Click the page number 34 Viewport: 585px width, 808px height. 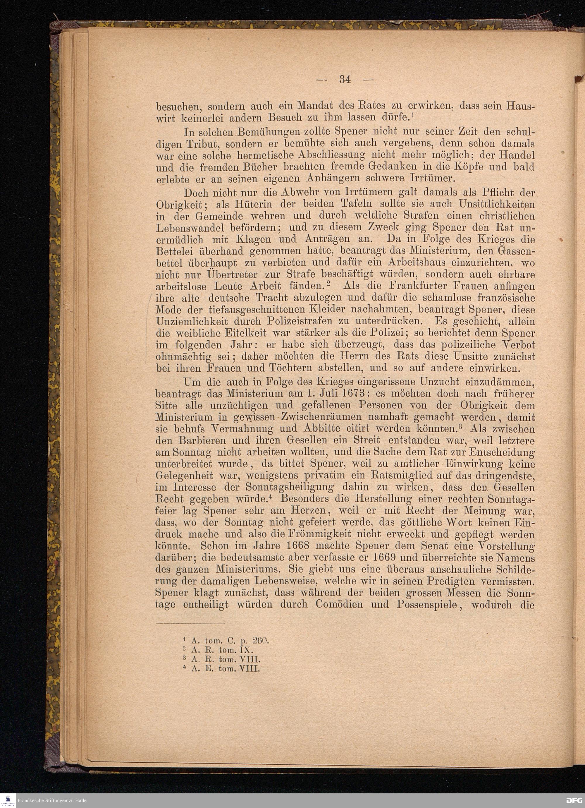point(345,79)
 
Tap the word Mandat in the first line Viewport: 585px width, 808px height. point(315,106)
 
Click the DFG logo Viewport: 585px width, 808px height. point(574,800)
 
